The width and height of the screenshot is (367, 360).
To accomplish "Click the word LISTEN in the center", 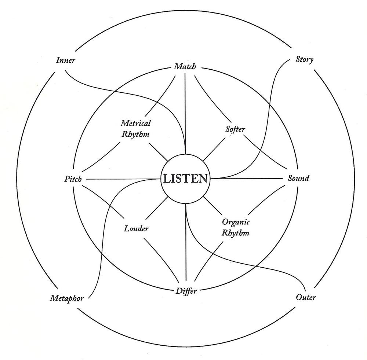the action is click(x=185, y=179).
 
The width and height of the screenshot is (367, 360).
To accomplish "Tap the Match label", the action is click(x=185, y=67).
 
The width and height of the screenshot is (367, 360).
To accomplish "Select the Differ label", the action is click(x=186, y=291).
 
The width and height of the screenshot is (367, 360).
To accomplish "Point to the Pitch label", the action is click(x=73, y=179).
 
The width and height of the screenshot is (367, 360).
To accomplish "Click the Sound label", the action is click(x=298, y=179).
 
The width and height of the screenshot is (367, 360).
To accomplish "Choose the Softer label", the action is click(x=235, y=129).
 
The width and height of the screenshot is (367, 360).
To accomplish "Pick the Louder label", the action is click(x=136, y=228).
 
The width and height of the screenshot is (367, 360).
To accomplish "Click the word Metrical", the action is click(x=136, y=123).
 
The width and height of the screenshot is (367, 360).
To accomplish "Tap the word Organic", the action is click(x=236, y=222).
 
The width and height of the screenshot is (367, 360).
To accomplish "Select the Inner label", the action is click(x=66, y=60).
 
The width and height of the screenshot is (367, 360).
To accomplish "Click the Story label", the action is click(x=304, y=59).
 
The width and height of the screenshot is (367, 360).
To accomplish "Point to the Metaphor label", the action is click(x=67, y=298).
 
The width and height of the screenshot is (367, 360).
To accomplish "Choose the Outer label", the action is click(x=306, y=297).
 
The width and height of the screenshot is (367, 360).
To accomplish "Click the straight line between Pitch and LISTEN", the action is click(x=123, y=179).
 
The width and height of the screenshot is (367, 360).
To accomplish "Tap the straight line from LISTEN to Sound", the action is click(x=247, y=179).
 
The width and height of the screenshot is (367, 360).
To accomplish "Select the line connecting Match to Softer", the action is click(x=211, y=99).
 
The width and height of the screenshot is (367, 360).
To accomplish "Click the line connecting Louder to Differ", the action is click(x=161, y=258).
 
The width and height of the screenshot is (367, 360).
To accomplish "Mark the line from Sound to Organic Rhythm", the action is click(x=266, y=199).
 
